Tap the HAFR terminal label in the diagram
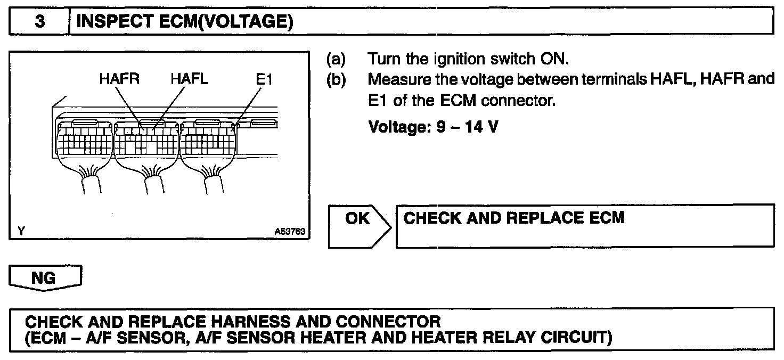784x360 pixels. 119,80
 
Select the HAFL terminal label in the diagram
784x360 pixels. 190,80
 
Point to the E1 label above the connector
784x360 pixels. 263,80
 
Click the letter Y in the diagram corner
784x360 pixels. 21,231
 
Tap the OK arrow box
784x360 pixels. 359,226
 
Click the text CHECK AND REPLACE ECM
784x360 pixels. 514,218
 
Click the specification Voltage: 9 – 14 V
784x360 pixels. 432,128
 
